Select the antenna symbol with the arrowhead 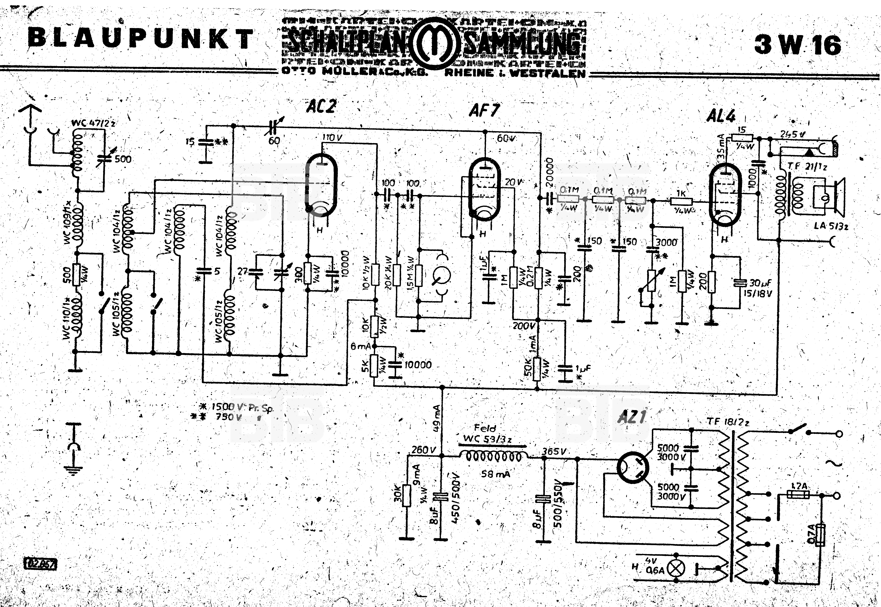click(30, 114)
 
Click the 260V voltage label click(423, 450)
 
